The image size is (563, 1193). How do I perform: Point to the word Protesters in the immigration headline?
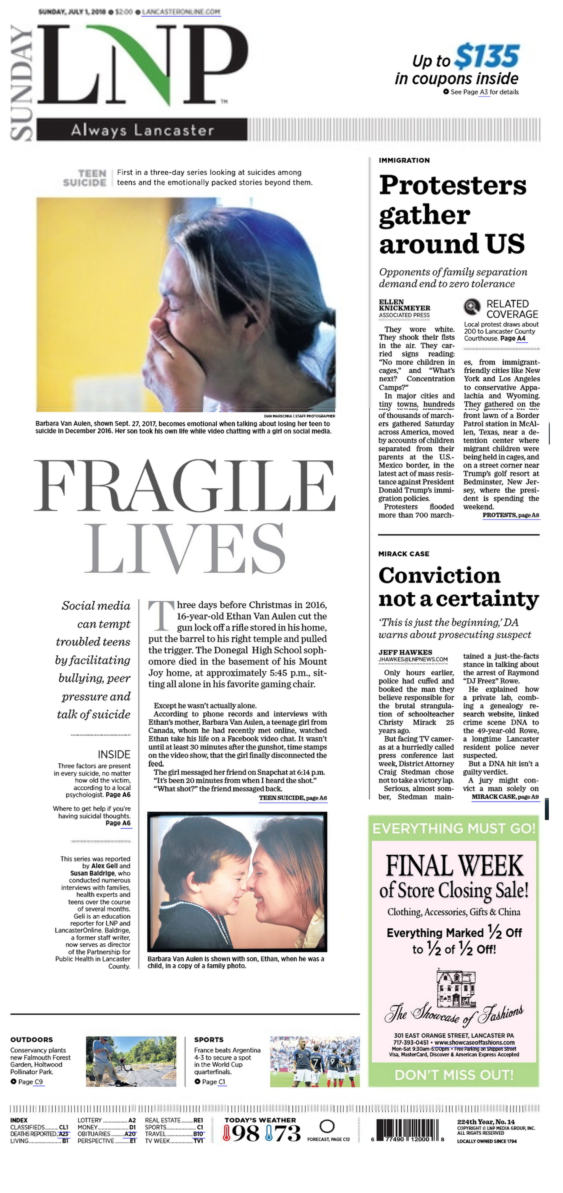[x=452, y=185]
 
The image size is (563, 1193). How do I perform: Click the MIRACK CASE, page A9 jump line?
[x=505, y=797]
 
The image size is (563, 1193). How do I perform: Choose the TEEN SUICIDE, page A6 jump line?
[x=293, y=798]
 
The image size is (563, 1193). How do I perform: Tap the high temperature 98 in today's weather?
[x=245, y=1133]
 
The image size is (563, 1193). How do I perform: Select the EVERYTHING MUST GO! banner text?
[x=454, y=828]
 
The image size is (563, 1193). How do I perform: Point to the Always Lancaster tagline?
[x=142, y=130]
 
